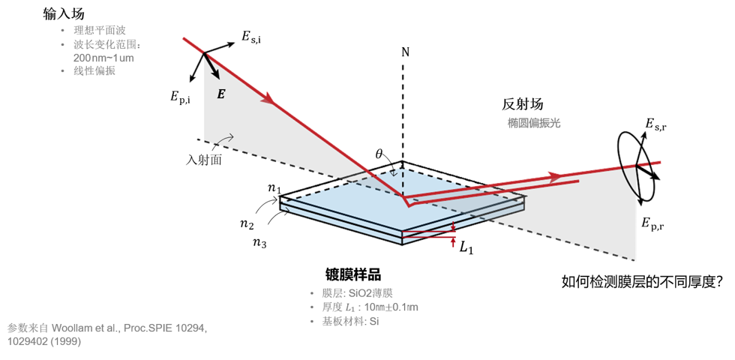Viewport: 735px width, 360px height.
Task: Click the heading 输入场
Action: point(63,14)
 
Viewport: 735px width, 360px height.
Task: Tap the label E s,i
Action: point(251,37)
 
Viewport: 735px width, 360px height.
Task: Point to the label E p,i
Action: point(181,97)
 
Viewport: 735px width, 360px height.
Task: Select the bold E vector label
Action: point(220,94)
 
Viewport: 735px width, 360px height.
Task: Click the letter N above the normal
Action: point(406,52)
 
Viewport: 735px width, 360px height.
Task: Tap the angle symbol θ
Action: point(379,153)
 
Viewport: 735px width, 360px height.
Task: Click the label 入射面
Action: point(204,160)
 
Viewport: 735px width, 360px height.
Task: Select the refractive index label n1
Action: point(274,189)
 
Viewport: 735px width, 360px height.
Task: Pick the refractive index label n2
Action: point(247,224)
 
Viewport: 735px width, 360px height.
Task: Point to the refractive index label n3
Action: point(259,243)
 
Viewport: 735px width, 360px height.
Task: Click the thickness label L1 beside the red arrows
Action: point(466,247)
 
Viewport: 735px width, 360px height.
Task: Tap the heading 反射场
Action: point(523,104)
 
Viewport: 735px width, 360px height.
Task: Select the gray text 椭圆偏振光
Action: point(534,123)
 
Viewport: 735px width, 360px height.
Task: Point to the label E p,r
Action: point(652,223)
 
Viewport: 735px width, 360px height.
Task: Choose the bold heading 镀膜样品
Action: point(353,274)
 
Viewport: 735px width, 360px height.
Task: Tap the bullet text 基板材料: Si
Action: point(351,322)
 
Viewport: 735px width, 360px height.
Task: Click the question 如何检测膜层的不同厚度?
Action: point(641,282)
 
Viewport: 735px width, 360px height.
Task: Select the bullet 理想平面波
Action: point(99,31)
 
